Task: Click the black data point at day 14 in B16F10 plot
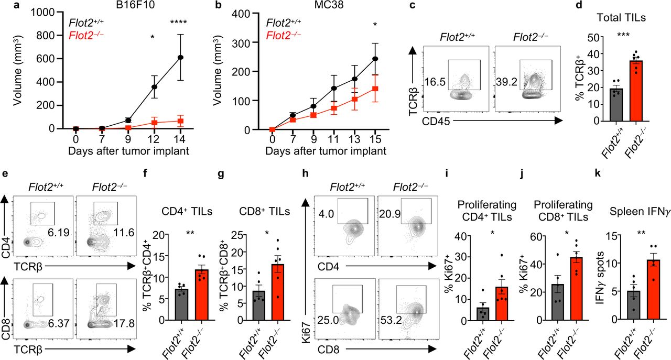pos(181,58)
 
